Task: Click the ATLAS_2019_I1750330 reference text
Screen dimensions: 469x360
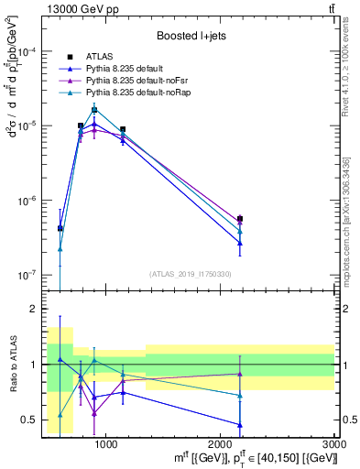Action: point(191,274)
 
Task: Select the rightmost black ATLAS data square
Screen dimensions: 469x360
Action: point(240,219)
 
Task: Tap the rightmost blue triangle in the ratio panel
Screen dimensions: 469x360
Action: point(240,425)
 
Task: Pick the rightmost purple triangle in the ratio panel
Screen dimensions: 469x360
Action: point(240,374)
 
